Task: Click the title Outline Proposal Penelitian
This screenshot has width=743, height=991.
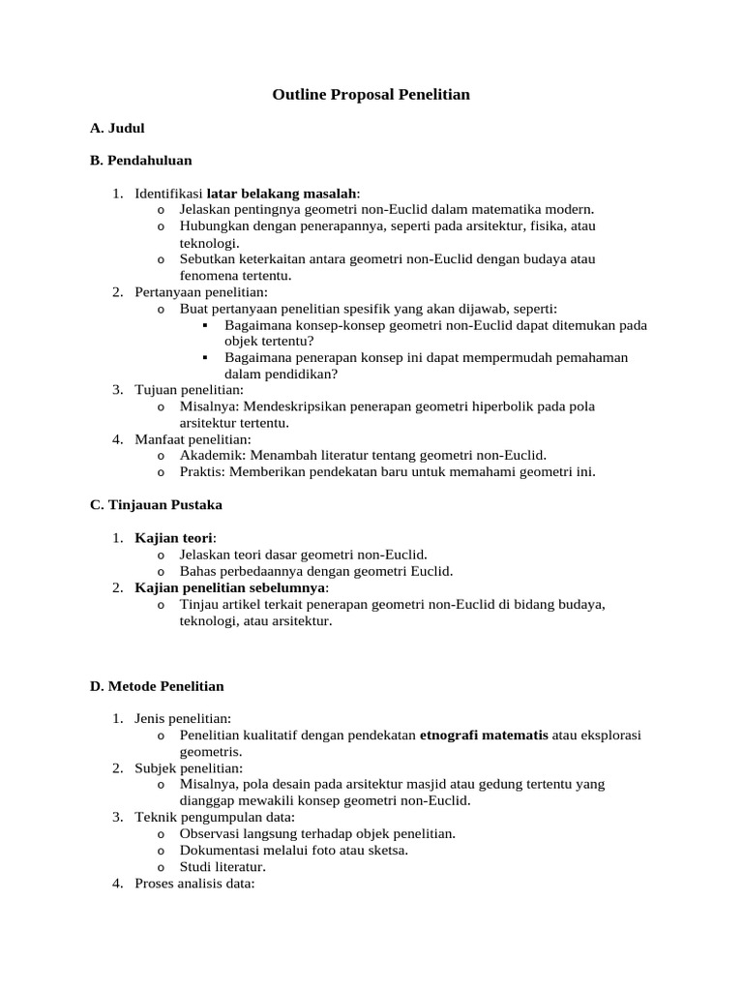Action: [371, 95]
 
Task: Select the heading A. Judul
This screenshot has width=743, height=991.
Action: [117, 128]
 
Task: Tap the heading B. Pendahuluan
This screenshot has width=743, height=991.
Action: [141, 160]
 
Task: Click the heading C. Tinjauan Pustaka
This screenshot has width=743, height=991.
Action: [156, 504]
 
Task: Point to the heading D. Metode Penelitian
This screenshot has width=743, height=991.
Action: [157, 686]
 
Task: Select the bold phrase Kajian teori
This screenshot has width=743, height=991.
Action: [174, 537]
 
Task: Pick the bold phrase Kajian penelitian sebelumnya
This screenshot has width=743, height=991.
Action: [231, 587]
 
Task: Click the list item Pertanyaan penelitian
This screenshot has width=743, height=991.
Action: [201, 291]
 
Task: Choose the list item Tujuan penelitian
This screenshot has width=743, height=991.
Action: [189, 390]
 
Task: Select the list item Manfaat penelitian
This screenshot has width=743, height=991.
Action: [193, 439]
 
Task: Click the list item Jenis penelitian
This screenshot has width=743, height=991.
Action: [183, 718]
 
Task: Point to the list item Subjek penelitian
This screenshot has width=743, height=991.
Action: [189, 767]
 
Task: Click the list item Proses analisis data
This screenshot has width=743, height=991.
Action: [193, 883]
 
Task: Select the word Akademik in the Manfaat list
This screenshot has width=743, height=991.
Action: [208, 455]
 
